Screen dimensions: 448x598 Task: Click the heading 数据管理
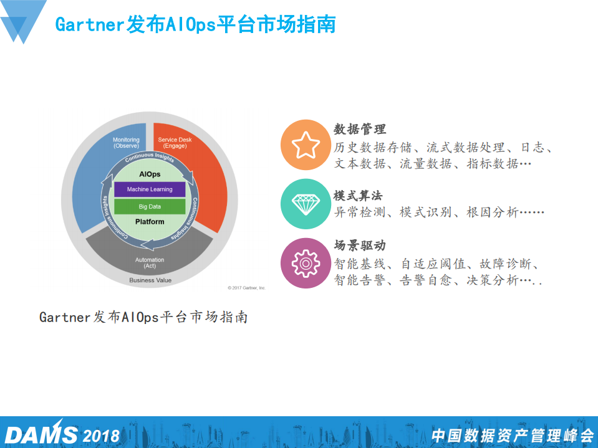(x=360, y=129)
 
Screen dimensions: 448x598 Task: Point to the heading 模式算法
(x=360, y=193)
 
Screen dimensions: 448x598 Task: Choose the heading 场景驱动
(x=360, y=245)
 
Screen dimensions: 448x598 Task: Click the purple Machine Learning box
(x=150, y=189)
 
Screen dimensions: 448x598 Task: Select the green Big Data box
(x=150, y=206)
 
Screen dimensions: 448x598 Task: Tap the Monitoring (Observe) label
(x=126, y=143)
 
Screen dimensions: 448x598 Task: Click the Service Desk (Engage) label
(x=175, y=143)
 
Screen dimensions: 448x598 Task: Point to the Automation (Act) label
(x=150, y=262)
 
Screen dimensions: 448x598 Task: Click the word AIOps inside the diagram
(x=150, y=174)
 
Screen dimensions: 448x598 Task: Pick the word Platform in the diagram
(x=150, y=222)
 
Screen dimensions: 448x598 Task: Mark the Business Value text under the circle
(x=150, y=280)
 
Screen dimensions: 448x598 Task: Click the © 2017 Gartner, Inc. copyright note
(x=247, y=287)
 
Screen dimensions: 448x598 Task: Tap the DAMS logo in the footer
(x=41, y=434)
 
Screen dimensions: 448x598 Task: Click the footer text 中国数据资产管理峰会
(x=512, y=435)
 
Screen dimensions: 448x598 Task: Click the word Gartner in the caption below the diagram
(x=65, y=317)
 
